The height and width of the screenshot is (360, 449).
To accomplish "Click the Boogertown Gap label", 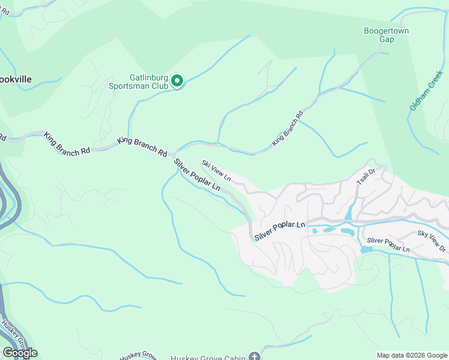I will tap(379, 35).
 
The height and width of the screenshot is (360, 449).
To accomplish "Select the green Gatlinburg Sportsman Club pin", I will tap(177, 81).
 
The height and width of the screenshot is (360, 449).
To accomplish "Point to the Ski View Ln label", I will tap(216, 170).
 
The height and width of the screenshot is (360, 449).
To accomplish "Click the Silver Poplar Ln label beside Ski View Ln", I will tap(197, 175).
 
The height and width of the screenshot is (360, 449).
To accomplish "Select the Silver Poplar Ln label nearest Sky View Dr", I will tap(388, 245).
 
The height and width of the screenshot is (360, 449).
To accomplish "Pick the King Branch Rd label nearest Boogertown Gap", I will tap(288, 128).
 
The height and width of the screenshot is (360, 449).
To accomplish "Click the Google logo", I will tap(20, 353).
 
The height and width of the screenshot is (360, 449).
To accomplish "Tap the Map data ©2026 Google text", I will tap(411, 355).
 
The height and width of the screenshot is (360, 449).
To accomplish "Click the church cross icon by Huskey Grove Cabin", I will tap(255, 357).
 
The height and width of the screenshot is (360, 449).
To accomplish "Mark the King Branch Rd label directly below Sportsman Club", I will tap(142, 146).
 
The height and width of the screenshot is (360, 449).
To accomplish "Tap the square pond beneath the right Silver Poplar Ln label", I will tap(366, 249).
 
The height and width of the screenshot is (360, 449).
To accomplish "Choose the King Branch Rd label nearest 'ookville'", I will tap(66, 145).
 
